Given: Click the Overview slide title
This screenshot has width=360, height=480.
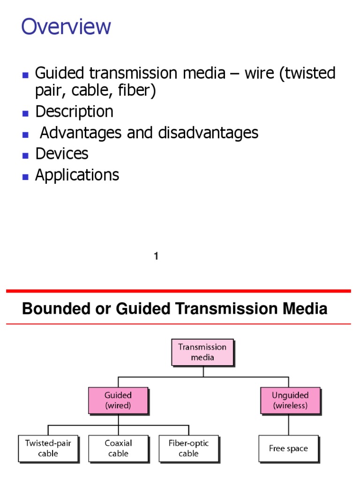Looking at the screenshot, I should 66,27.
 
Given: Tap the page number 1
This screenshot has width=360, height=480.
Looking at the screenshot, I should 156,256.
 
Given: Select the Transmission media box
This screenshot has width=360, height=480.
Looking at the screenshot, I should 202,352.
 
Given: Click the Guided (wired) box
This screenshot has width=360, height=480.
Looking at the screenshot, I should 118,400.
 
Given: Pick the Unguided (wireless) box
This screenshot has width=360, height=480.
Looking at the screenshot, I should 290,400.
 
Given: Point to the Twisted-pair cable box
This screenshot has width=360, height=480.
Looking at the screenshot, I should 48,448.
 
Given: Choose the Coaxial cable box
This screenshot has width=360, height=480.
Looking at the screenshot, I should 118,448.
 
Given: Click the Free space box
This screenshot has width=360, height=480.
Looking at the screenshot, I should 288,449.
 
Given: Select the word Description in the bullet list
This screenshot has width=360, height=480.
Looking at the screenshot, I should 74,112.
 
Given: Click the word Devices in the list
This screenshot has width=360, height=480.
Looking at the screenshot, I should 62,154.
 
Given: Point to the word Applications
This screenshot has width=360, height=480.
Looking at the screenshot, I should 77,175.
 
